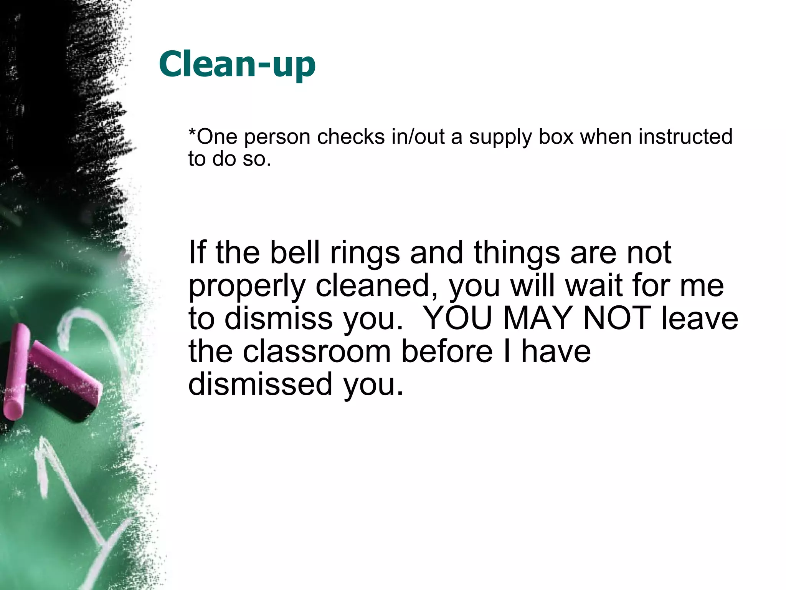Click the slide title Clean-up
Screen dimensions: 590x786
coord(237,64)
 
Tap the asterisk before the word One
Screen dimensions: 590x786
coord(192,132)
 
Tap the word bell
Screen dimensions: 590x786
coord(295,252)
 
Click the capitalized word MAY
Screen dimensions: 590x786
coord(537,318)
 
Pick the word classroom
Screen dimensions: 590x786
coord(316,351)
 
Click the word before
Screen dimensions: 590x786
coord(447,351)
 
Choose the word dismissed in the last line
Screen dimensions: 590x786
coord(260,384)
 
